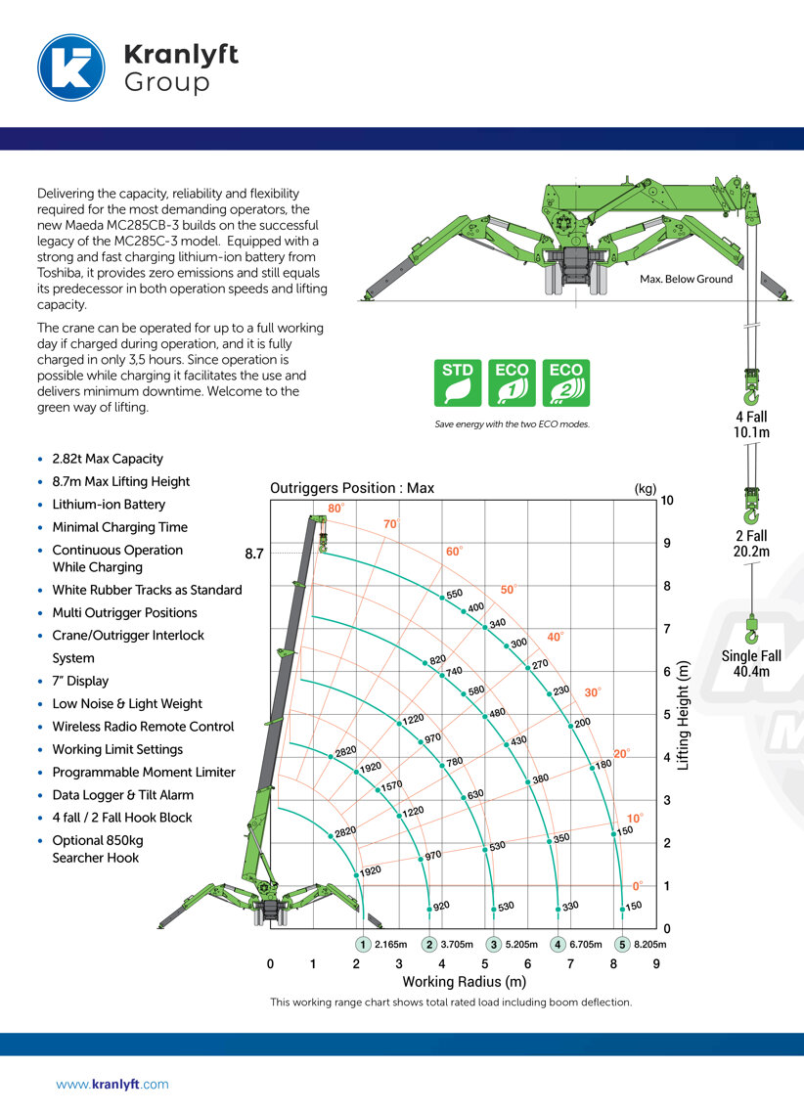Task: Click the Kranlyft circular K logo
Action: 70,67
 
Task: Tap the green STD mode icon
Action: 459,382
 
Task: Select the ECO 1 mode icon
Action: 513,382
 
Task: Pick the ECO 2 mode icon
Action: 566,382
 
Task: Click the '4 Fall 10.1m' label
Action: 751,424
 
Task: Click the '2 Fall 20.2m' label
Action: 751,544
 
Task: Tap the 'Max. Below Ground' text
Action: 686,280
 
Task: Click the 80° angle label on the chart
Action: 335,509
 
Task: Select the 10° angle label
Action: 635,819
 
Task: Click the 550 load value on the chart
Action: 454,594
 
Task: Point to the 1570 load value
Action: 391,785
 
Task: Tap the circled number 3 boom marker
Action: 495,945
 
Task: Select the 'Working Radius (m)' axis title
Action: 465,982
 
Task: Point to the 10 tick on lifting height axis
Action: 667,500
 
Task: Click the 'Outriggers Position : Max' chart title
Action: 352,488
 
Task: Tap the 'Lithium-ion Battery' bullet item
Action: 109,505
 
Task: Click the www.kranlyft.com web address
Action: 112,1084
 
